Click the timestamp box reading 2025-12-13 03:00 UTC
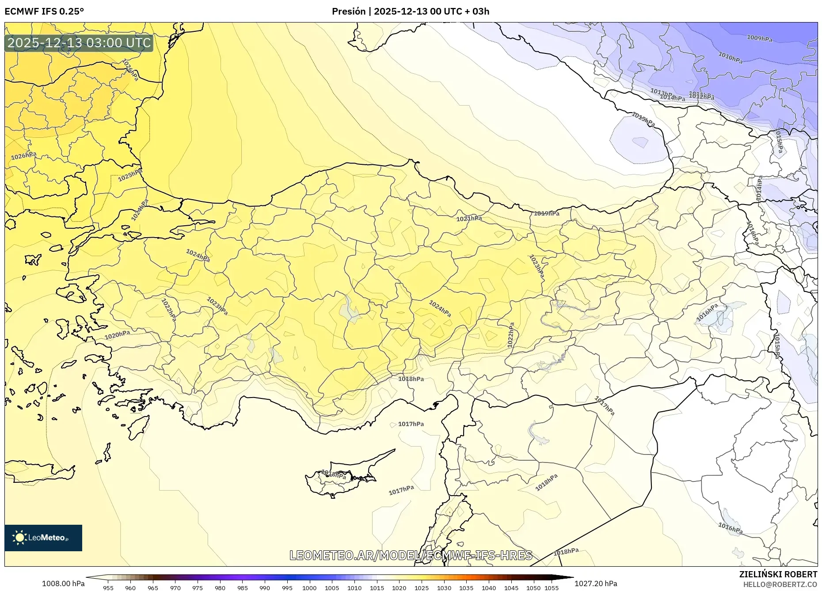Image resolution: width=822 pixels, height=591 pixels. tap(79, 43)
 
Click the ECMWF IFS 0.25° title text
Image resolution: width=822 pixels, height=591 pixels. tap(44, 11)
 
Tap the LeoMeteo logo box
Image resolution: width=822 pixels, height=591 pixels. tap(43, 538)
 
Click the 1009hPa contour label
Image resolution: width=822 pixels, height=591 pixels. tap(759, 38)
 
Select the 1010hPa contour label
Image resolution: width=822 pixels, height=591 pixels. tap(730, 57)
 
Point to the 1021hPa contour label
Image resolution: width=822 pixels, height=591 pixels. tap(469, 219)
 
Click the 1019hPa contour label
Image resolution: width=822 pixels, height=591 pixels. tap(546, 213)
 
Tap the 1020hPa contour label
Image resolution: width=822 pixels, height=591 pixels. tap(117, 335)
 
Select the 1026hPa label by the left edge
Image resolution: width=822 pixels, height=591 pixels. tap(23, 156)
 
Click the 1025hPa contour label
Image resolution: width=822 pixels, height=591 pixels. tap(130, 175)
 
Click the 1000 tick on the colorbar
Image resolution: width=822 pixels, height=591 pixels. tap(309, 587)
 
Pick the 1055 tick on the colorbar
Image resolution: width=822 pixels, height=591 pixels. tap(551, 587)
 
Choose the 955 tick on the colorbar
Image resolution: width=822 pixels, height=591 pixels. tap(108, 587)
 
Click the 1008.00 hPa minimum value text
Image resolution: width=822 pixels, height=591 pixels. tap(63, 583)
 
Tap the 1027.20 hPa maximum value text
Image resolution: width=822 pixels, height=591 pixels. tap(595, 583)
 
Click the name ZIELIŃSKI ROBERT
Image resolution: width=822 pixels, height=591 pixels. tap(778, 574)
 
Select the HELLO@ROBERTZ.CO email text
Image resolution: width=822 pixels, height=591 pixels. tap(780, 584)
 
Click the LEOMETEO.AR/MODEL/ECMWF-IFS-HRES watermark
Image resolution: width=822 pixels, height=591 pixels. tap(411, 555)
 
